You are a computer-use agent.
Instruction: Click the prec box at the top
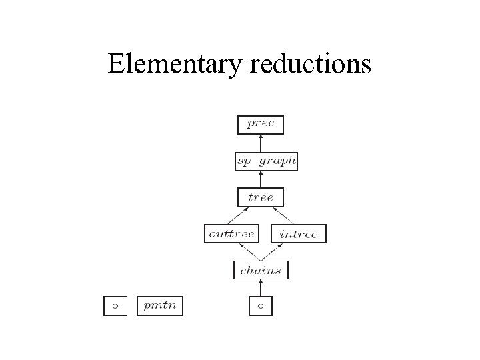click(261, 124)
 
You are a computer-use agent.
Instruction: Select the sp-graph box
click(267, 161)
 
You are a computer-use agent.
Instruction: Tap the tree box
click(261, 197)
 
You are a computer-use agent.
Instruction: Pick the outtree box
click(231, 234)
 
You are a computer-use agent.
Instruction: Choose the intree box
click(299, 234)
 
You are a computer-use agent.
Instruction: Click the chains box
click(261, 270)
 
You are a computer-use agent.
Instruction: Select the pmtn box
click(160, 306)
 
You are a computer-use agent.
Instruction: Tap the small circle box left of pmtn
click(115, 306)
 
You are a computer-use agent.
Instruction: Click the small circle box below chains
click(261, 306)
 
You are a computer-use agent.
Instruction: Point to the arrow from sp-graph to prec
click(261, 143)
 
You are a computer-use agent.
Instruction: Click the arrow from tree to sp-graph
click(261, 179)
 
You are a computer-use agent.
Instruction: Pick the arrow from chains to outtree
click(248, 251)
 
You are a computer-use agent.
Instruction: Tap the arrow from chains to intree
click(274, 251)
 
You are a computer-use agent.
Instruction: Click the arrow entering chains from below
click(261, 288)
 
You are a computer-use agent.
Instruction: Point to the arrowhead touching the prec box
click(261, 136)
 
